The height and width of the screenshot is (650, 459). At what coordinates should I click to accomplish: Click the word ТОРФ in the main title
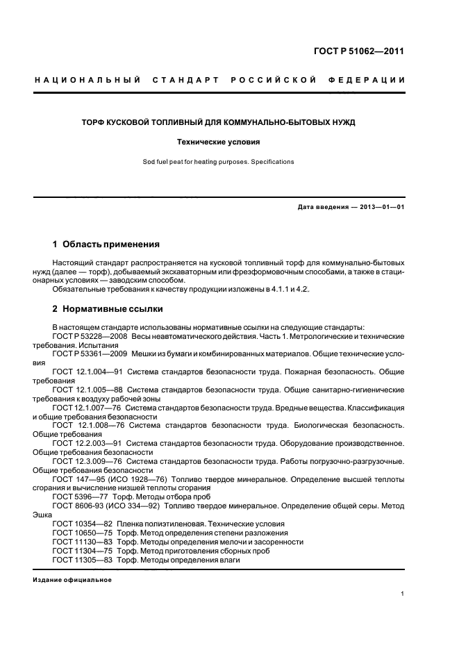click(x=94, y=122)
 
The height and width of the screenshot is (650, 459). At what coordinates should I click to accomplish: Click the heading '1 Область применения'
click(x=106, y=244)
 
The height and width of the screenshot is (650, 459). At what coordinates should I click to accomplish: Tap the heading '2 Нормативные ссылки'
click(x=108, y=308)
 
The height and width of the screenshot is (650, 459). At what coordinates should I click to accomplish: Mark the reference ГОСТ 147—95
click(x=76, y=478)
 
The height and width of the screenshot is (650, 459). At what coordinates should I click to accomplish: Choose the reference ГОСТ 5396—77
click(x=76, y=497)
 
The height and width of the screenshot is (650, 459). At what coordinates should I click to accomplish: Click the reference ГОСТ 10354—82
click(x=79, y=524)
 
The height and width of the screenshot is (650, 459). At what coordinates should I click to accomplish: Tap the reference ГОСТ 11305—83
click(x=79, y=560)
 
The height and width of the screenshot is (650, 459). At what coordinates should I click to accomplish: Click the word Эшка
click(x=42, y=515)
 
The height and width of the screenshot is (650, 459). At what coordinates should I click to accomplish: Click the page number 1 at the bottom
click(x=403, y=594)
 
